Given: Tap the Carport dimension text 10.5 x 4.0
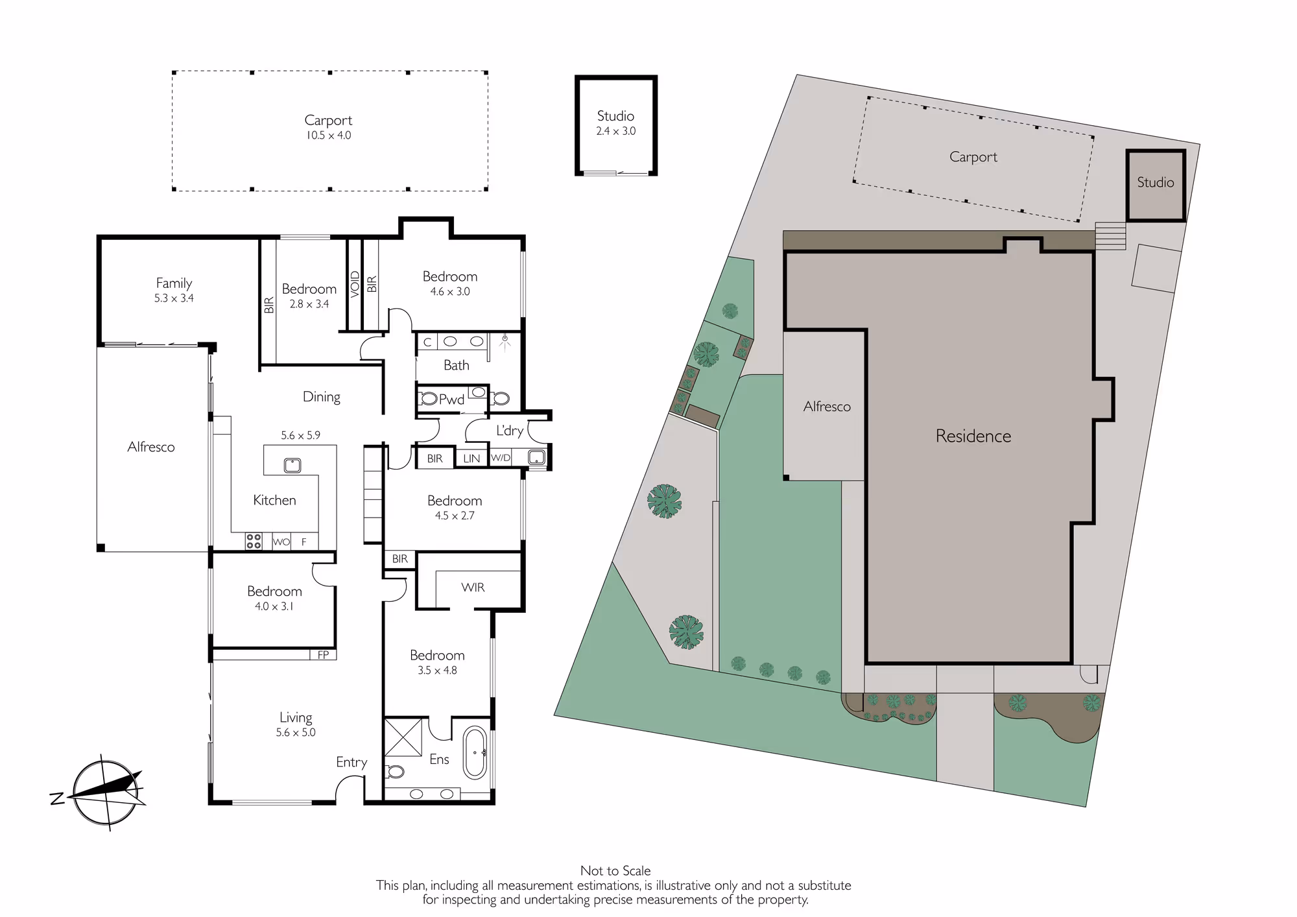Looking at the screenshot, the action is tap(329, 136).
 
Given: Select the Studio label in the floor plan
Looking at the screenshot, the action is tap(615, 116).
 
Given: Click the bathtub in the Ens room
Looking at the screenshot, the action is tap(475, 752).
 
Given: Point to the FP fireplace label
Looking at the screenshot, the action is tap(323, 655).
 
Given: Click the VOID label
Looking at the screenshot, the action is tap(355, 284).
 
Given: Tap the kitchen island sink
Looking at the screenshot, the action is tap(292, 465).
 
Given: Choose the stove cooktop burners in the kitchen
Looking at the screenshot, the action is tap(254, 541).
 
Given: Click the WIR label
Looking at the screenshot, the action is tap(473, 588).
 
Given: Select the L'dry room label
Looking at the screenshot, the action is tap(510, 431).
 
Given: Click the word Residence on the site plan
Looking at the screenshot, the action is tap(973, 436).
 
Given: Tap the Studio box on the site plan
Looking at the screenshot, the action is tap(1156, 186).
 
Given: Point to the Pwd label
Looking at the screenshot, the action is tap(451, 399).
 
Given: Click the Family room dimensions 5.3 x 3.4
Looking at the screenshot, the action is tap(174, 298).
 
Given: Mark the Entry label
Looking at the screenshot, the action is tap(351, 763).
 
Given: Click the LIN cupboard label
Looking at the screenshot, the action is tap(471, 458).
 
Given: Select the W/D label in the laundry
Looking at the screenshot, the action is tap(501, 458).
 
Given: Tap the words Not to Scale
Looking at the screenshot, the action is tap(615, 871).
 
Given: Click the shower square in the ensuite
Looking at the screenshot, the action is tap(403, 737).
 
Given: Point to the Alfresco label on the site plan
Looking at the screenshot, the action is tap(827, 407).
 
